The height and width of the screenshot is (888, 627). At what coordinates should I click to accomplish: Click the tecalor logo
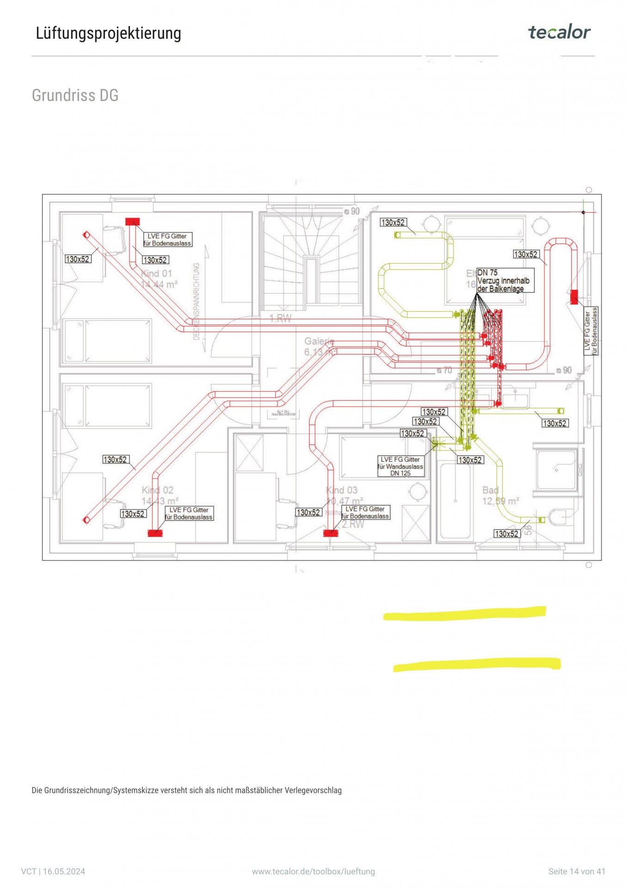(559, 32)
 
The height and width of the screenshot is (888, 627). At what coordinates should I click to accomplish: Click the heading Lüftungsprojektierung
(108, 33)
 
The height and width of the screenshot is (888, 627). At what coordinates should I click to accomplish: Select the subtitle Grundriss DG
(75, 95)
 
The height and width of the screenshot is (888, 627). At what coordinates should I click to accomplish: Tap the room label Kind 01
(156, 273)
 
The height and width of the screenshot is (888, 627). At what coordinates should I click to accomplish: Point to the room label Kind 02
(157, 490)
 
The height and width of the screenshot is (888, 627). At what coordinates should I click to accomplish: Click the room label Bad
(491, 490)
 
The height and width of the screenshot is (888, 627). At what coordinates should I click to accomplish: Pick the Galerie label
(319, 341)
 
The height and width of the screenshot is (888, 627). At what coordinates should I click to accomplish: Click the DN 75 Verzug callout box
(504, 281)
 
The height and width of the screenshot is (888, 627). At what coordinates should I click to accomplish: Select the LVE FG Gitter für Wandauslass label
(400, 466)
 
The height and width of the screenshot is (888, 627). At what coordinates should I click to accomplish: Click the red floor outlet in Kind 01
(132, 222)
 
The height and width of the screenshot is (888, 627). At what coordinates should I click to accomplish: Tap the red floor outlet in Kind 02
(155, 533)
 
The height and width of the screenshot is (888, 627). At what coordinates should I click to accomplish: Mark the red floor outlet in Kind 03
(331, 533)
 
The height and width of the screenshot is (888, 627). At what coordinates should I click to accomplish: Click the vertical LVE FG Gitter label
(591, 331)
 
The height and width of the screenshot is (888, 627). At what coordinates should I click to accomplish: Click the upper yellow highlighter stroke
(465, 613)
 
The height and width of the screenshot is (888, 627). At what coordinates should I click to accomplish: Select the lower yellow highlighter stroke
(477, 665)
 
